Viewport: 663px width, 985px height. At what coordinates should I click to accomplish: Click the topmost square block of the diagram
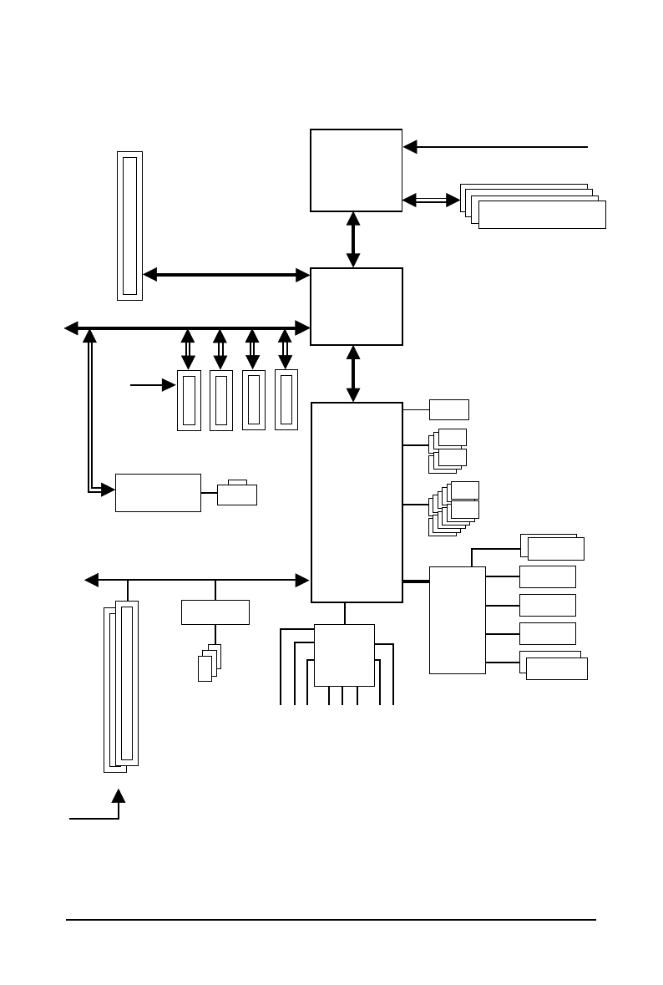point(356,170)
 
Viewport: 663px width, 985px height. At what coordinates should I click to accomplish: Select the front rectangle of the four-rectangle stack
point(542,215)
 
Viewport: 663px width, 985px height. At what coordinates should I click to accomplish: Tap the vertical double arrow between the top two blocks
point(353,240)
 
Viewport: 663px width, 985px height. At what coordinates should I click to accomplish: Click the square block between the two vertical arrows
point(356,306)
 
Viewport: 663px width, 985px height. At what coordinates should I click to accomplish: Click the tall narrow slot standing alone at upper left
point(129,226)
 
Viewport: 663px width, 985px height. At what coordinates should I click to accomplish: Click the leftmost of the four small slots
point(189,400)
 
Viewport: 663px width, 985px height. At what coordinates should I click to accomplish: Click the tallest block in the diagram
point(357,501)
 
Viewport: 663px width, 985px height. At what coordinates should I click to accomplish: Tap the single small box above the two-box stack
point(448,409)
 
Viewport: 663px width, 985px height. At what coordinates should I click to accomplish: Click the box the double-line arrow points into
point(158,492)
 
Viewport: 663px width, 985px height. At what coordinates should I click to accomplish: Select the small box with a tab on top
point(236,495)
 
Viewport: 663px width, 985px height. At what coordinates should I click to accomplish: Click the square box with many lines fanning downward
point(344,654)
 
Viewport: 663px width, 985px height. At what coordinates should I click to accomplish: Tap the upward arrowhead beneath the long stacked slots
point(119,796)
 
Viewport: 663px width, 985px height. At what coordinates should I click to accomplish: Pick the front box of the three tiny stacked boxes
point(205,668)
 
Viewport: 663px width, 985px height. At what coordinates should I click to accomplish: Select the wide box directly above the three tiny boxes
point(215,612)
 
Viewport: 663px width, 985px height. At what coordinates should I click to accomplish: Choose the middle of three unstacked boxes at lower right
point(547,605)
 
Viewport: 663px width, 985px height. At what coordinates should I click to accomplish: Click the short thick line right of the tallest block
point(416,581)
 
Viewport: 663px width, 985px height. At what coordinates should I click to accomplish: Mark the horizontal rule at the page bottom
point(331,921)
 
